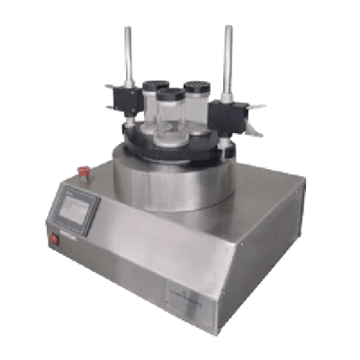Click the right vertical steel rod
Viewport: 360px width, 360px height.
point(228,58)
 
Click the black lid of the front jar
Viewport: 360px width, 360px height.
point(170,93)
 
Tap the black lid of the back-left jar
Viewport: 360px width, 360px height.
point(154,85)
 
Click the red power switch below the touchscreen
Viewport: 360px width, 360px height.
point(54,239)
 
